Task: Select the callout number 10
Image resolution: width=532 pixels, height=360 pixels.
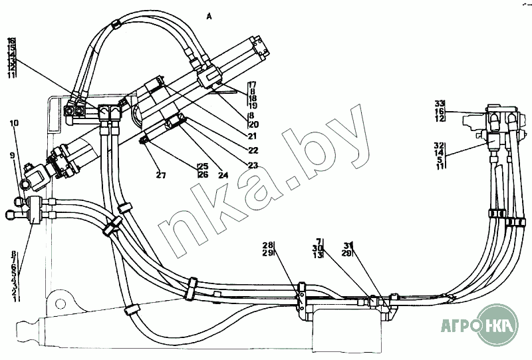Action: tap(15, 122)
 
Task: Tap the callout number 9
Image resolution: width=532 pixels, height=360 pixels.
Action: tap(11, 155)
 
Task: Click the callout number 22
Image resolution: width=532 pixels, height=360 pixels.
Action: tap(253, 150)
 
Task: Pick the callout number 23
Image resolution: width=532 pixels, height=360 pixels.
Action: tap(253, 166)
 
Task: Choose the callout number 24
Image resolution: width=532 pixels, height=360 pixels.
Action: tap(223, 176)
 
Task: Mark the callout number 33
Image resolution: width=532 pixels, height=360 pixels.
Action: tap(439, 103)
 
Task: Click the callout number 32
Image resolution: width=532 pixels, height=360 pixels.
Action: tap(439, 145)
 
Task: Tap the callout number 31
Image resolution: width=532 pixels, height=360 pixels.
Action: tap(348, 246)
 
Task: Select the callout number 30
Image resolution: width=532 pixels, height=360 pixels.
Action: tap(319, 248)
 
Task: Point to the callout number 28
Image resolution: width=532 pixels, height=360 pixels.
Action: tap(267, 246)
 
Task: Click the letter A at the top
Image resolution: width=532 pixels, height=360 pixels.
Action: tap(209, 16)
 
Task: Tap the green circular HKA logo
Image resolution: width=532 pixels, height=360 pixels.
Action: tap(500, 327)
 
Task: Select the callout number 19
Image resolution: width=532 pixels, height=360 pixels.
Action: tap(253, 105)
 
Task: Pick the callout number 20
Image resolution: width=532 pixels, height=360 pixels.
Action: tap(253, 124)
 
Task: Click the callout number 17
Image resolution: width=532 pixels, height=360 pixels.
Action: tap(253, 85)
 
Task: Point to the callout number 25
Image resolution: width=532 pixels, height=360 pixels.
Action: tap(203, 166)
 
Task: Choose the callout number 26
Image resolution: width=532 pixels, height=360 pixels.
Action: tap(203, 174)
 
